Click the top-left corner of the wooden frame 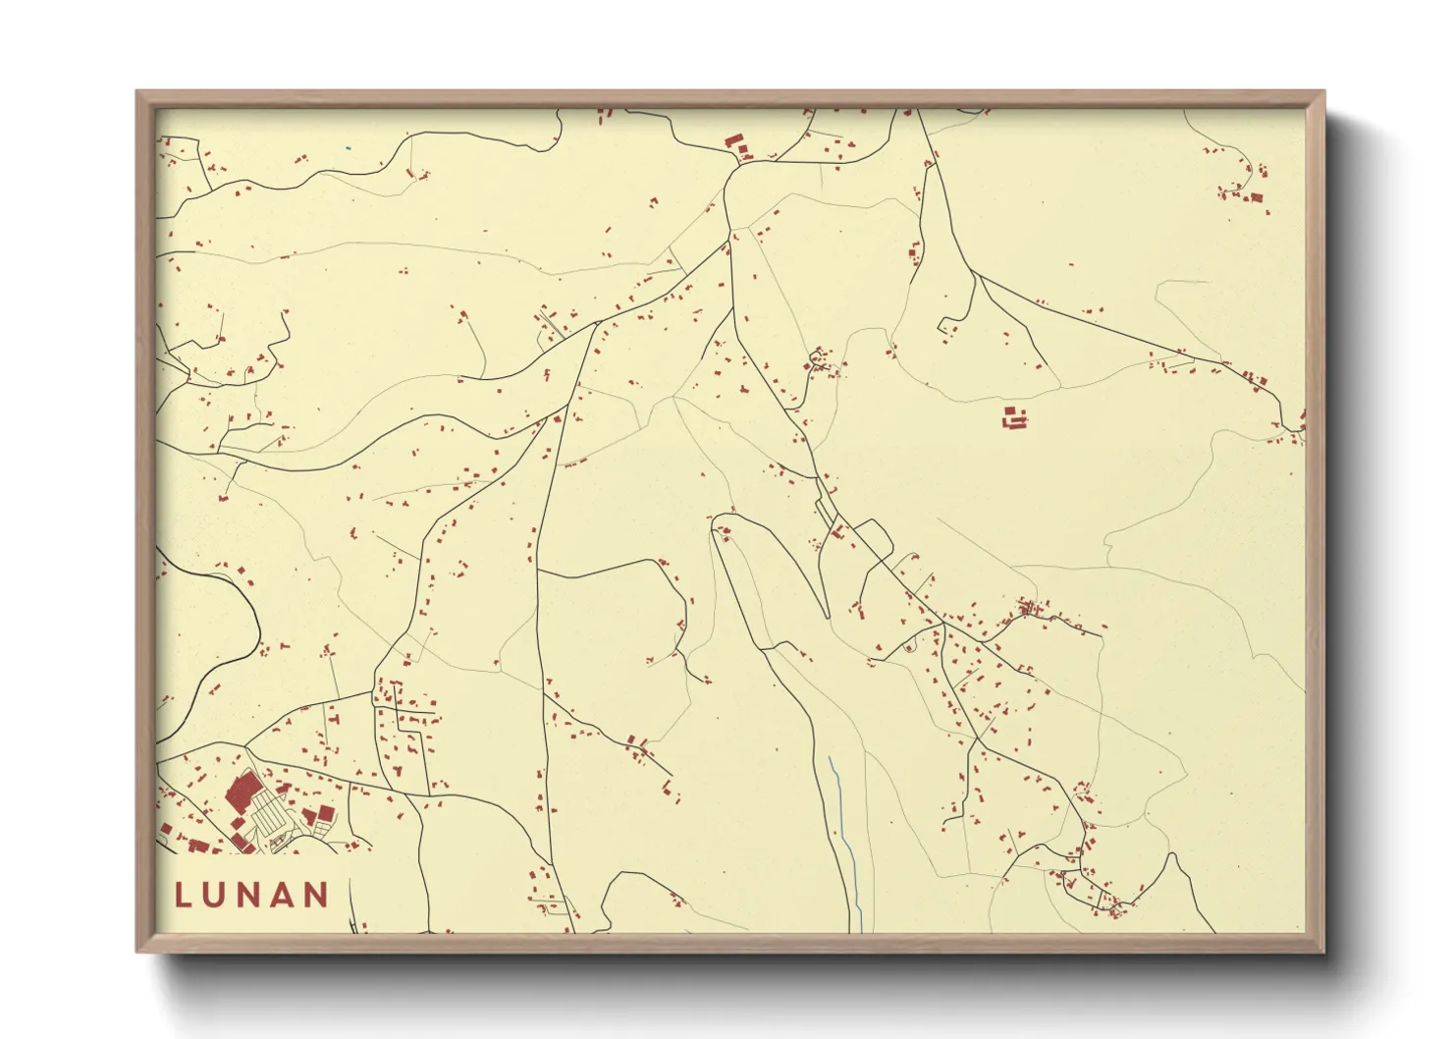[x=138, y=93]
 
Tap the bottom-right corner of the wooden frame [x=1321, y=950]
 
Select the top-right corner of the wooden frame [x=1321, y=93]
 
